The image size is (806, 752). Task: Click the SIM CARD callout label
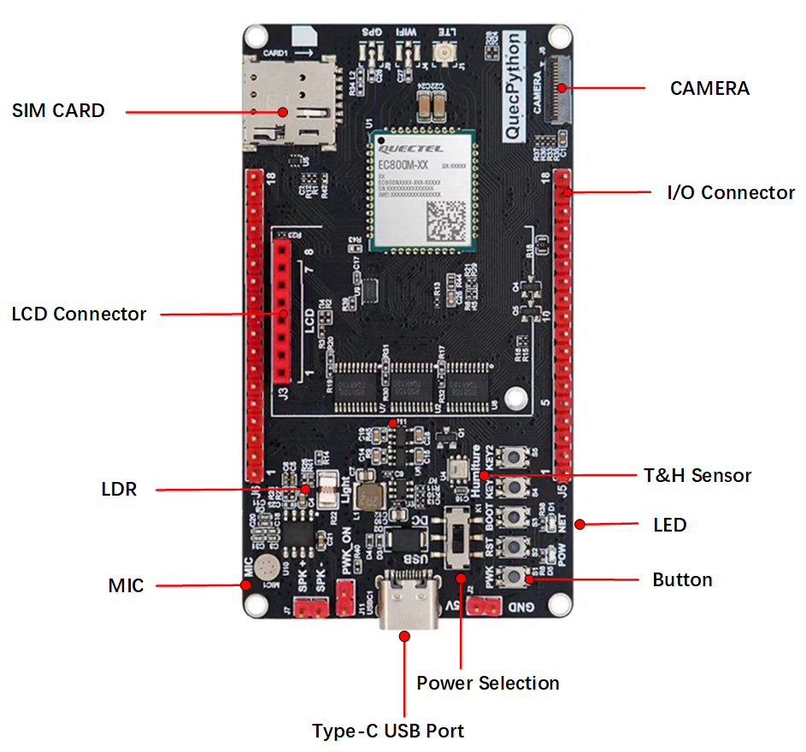tap(58, 110)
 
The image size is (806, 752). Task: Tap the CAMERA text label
tap(709, 88)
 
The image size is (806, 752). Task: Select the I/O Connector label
tap(731, 193)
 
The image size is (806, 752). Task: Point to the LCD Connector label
tap(79, 314)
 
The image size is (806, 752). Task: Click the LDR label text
tap(119, 490)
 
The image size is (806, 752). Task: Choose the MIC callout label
tap(126, 585)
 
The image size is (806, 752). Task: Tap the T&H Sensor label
tap(697, 475)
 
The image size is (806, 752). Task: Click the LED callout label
tap(669, 524)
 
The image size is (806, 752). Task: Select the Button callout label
tap(682, 580)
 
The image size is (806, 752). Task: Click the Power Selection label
tap(488, 683)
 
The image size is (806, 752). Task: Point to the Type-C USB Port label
tap(388, 731)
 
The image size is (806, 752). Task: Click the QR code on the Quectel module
tap(447, 220)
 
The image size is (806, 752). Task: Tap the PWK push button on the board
tap(516, 577)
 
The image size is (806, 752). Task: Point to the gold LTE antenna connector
tap(445, 55)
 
